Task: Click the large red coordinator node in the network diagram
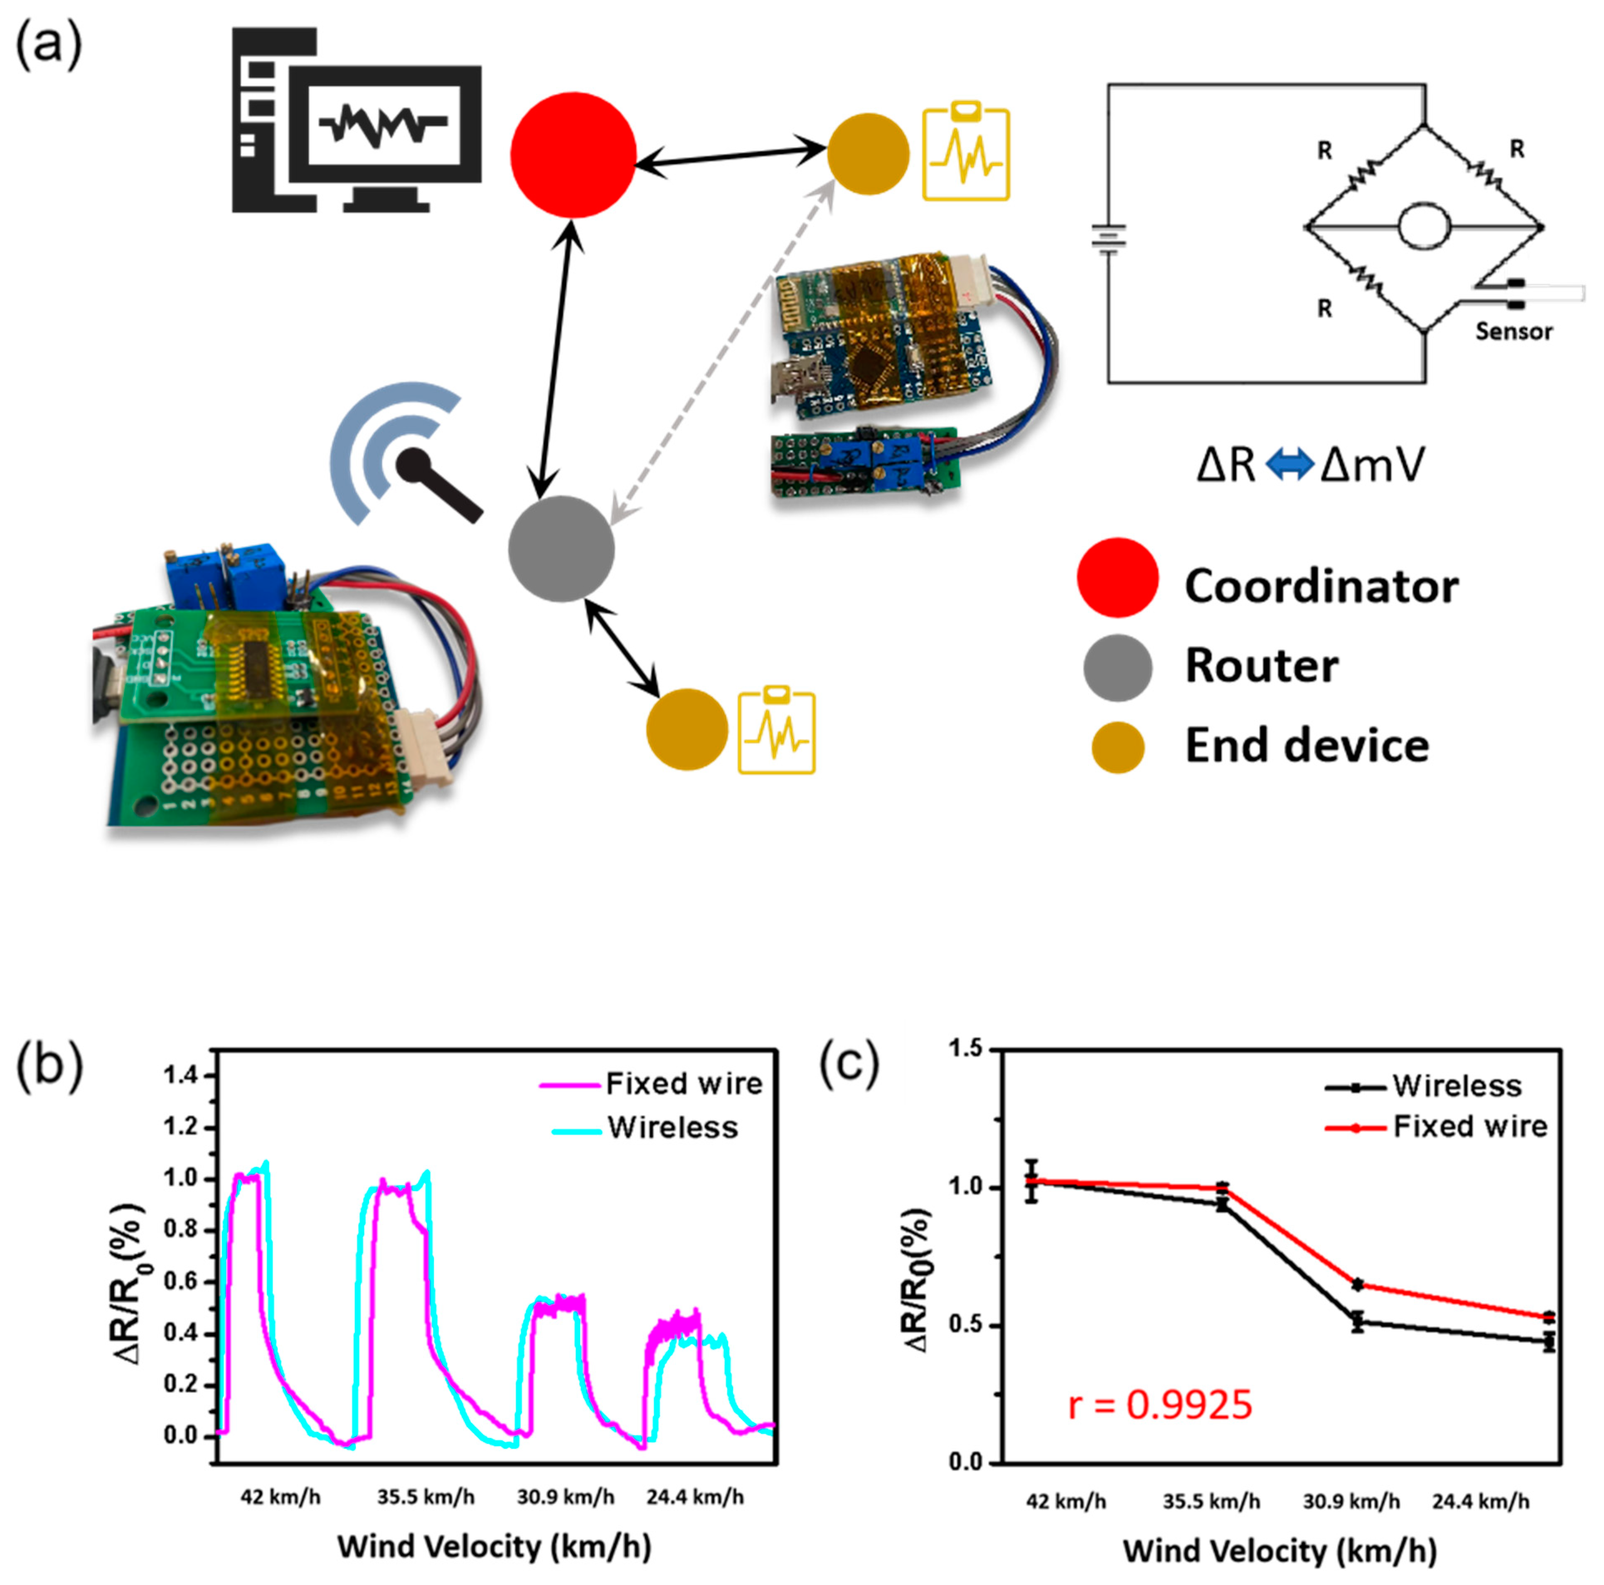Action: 573,155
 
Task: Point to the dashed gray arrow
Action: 722,353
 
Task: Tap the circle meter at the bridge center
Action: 1424,226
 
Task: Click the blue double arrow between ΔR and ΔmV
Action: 1289,465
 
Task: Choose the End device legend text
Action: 1306,746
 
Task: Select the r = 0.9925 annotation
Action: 1159,1405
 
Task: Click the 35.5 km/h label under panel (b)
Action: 426,1497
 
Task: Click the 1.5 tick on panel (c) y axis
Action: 966,1049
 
